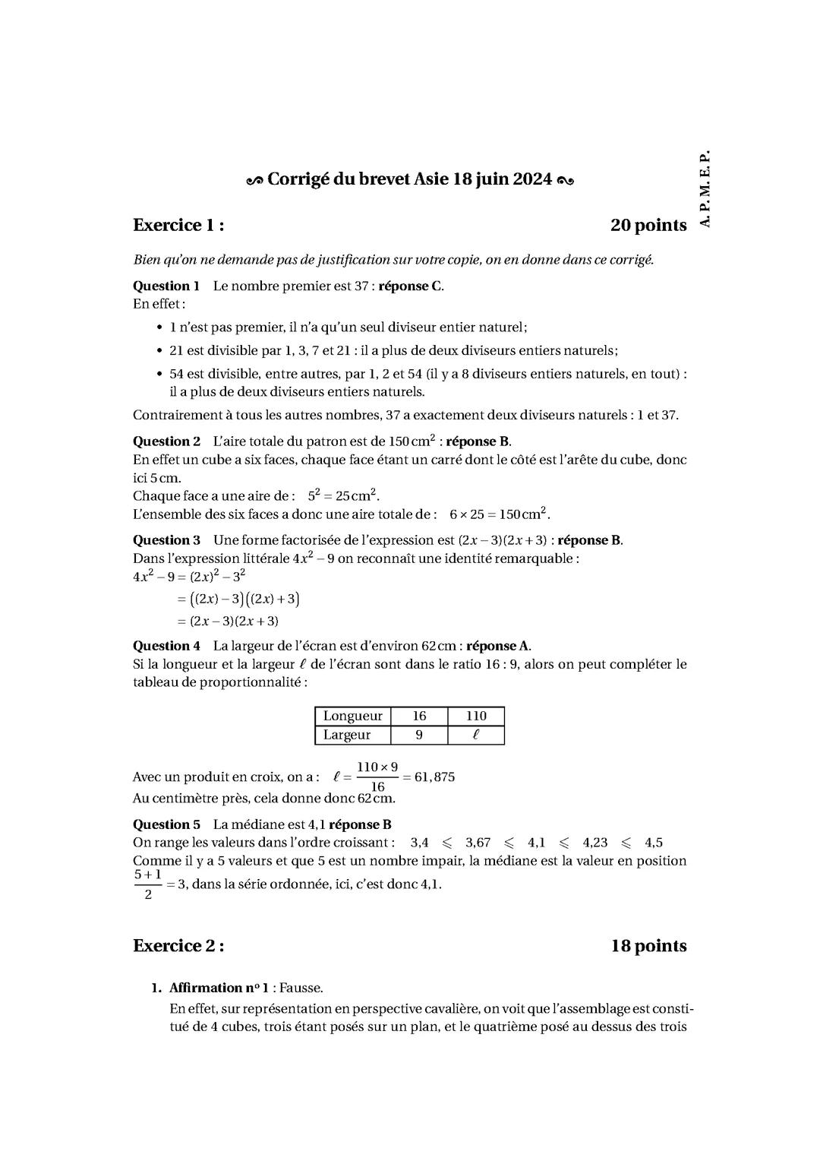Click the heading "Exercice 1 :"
(178, 226)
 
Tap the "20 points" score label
(648, 226)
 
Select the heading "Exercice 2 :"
(178, 946)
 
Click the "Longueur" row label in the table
(352, 716)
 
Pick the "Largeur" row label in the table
(347, 735)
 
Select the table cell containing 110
(475, 716)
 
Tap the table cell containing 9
(419, 735)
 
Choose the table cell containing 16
(419, 716)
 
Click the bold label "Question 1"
(166, 286)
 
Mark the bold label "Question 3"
(166, 540)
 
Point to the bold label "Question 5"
(166, 824)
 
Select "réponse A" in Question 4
(497, 646)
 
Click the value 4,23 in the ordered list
(595, 843)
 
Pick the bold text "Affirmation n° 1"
(221, 988)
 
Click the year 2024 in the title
(531, 180)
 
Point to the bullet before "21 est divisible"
(159, 351)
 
